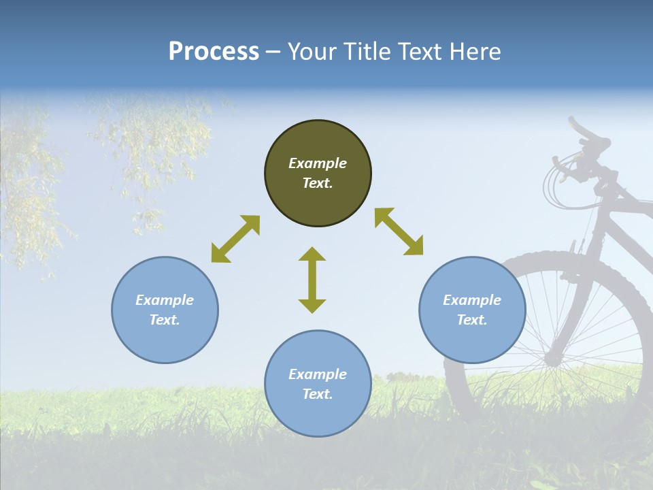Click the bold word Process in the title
(x=214, y=52)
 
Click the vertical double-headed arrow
(x=312, y=280)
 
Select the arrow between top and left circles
(x=235, y=239)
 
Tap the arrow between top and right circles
(x=399, y=231)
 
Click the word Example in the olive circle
(x=318, y=163)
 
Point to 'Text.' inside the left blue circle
(x=165, y=320)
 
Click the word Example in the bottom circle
(x=318, y=374)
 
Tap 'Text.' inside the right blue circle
(x=472, y=320)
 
